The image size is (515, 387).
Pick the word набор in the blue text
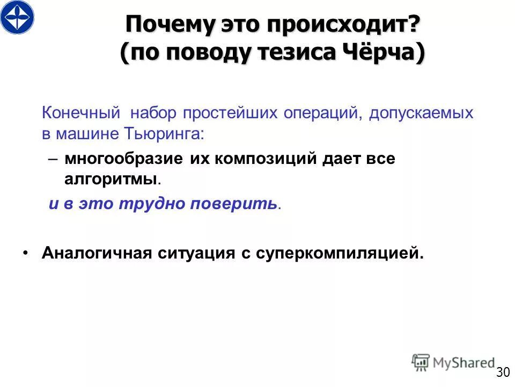[x=154, y=113]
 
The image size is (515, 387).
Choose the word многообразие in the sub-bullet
[x=124, y=160]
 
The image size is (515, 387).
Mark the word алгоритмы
[x=111, y=180]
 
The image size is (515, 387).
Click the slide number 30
[x=503, y=372]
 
